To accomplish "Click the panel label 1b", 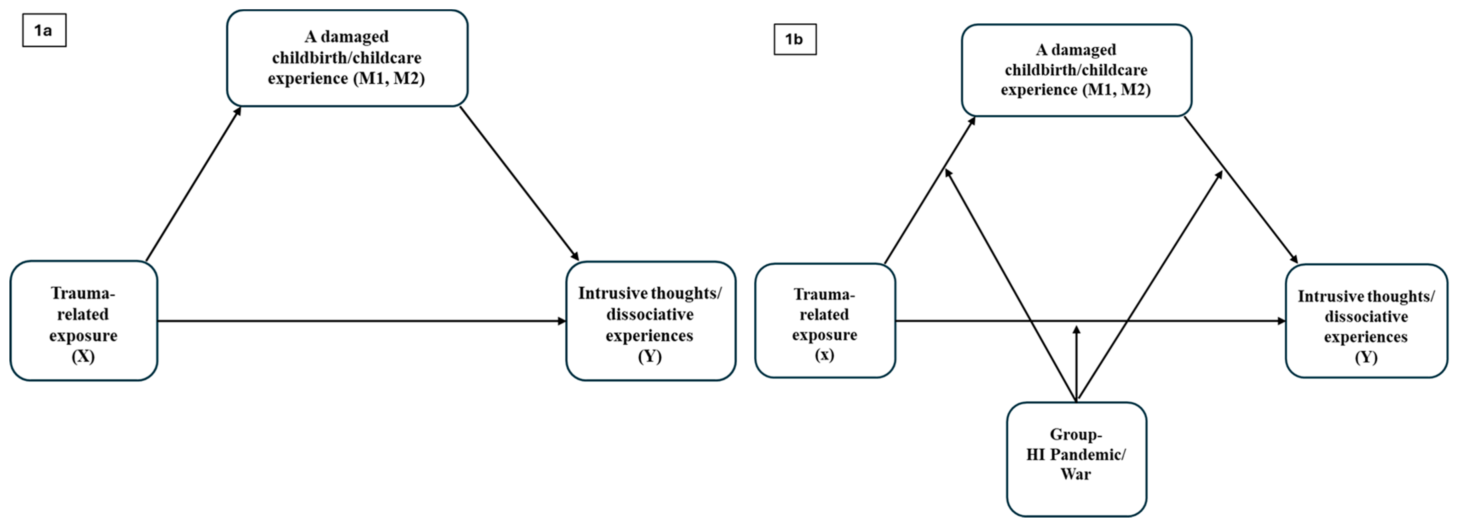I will [x=795, y=39].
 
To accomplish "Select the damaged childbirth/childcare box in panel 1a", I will [x=347, y=58].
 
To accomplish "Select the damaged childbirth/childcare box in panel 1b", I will [x=1076, y=70].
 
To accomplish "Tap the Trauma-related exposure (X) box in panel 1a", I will [x=83, y=321].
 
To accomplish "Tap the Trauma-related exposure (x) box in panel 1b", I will [x=825, y=321].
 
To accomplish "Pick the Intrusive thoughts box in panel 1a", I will [x=650, y=321].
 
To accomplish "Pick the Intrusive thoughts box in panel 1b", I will [x=1366, y=321].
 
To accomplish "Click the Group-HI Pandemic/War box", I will [x=1076, y=459].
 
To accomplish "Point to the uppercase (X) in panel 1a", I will [x=83, y=357].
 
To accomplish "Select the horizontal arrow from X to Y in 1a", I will [x=363, y=321].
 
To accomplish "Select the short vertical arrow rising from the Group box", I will [x=1076, y=363].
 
